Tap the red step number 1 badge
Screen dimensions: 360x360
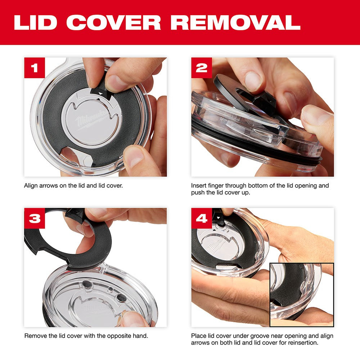35,68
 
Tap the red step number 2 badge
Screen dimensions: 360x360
202,68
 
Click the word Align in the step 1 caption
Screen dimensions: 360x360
31,186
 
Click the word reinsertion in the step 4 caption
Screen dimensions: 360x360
302,343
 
